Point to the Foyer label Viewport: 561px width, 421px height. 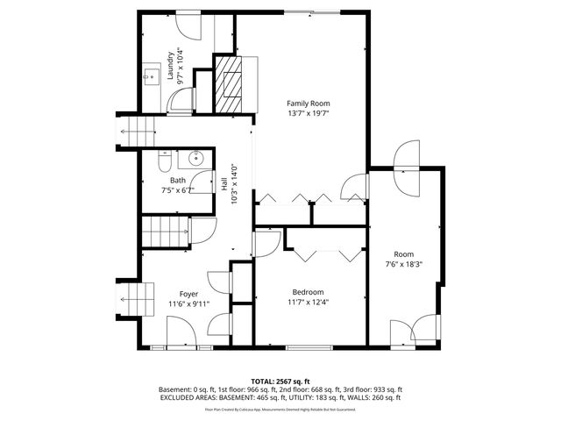pyautogui.click(x=188, y=294)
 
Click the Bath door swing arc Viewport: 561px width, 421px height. pyautogui.click(x=204, y=181)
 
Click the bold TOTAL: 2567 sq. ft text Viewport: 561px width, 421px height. pyautogui.click(x=280, y=381)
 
